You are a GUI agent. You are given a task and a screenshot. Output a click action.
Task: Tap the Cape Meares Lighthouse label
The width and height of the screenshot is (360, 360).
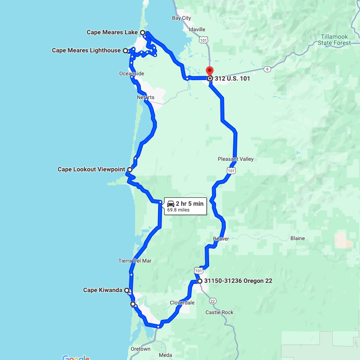click(x=86, y=51)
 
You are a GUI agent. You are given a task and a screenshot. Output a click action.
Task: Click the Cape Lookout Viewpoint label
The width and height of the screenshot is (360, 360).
click(x=91, y=169)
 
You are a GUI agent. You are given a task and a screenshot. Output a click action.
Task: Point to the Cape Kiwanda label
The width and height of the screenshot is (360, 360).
click(x=103, y=290)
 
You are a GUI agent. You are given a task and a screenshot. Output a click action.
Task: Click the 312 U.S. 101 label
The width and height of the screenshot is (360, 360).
click(x=232, y=78)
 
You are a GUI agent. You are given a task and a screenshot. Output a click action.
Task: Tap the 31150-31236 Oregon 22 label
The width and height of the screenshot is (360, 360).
click(x=235, y=281)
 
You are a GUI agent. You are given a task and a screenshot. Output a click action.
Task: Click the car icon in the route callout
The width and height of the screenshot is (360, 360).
click(x=170, y=204)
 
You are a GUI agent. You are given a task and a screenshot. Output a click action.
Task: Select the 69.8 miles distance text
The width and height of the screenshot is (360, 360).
click(x=178, y=210)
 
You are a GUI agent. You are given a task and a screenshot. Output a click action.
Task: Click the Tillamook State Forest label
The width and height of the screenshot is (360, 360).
click(x=336, y=40)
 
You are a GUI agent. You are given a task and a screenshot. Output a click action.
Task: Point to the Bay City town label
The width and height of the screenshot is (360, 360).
click(x=181, y=18)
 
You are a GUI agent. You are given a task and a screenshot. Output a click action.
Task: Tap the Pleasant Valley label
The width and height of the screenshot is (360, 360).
click(x=235, y=159)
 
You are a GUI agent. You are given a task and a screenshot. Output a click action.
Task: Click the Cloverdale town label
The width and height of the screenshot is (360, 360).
click(x=182, y=303)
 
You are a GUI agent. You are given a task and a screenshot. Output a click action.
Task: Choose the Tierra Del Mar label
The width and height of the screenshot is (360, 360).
click(x=135, y=261)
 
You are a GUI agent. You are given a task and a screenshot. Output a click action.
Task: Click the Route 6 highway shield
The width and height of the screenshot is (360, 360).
click(x=268, y=69)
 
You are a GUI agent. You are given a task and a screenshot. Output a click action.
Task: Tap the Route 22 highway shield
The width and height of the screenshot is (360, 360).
click(x=213, y=301)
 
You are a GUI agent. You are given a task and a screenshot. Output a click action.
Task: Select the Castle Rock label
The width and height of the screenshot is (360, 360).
click(x=219, y=312)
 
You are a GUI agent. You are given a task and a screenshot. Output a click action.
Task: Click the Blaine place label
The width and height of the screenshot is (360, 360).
click(x=298, y=238)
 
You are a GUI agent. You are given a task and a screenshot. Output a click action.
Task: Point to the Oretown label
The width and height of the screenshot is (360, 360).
click(x=140, y=349)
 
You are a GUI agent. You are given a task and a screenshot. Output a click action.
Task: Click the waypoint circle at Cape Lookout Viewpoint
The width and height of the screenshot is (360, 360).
click(x=130, y=170)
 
